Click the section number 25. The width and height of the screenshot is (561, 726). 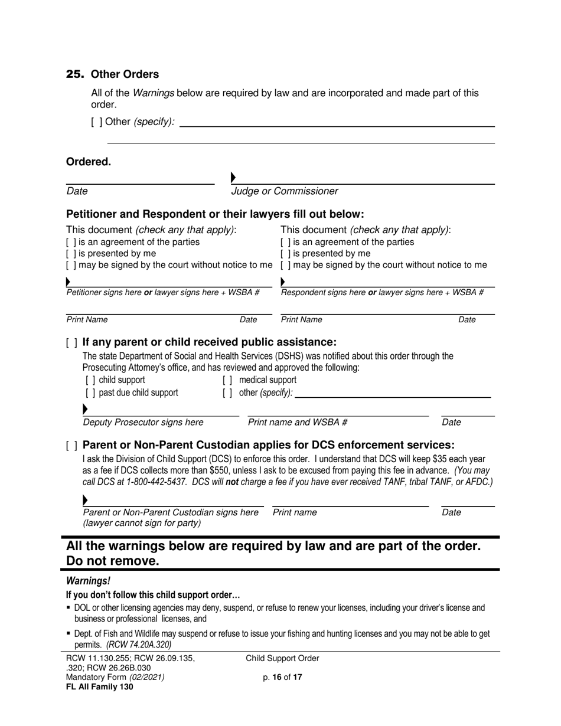(75, 74)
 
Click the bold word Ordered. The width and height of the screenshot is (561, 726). (88, 162)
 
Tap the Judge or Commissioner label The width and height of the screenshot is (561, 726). (284, 191)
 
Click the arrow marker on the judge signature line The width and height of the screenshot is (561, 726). (233, 177)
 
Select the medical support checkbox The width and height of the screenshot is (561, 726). (227, 380)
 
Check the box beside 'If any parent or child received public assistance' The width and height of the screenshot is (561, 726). (71, 343)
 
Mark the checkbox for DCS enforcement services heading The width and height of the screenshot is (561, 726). (71, 446)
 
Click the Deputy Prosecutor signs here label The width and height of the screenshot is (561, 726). (143, 423)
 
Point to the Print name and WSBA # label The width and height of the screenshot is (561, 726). (298, 423)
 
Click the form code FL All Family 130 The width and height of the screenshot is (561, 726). (99, 686)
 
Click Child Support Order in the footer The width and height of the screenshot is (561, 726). (282, 659)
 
